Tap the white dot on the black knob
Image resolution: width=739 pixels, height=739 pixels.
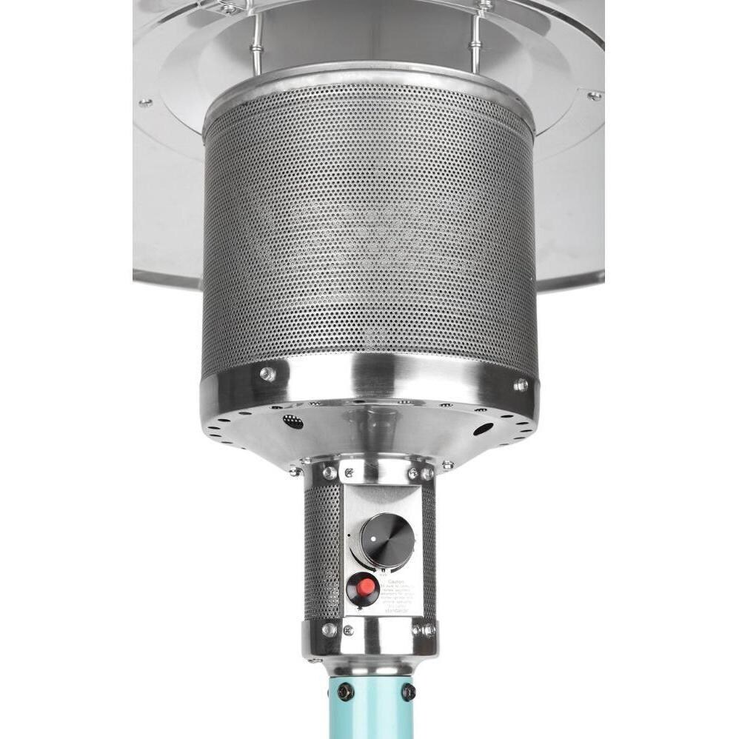click(x=375, y=533)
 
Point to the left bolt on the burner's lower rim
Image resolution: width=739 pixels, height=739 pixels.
click(x=267, y=375)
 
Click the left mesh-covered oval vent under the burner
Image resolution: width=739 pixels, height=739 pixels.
click(x=293, y=422)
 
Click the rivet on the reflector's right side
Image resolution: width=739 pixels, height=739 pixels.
click(x=594, y=96)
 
